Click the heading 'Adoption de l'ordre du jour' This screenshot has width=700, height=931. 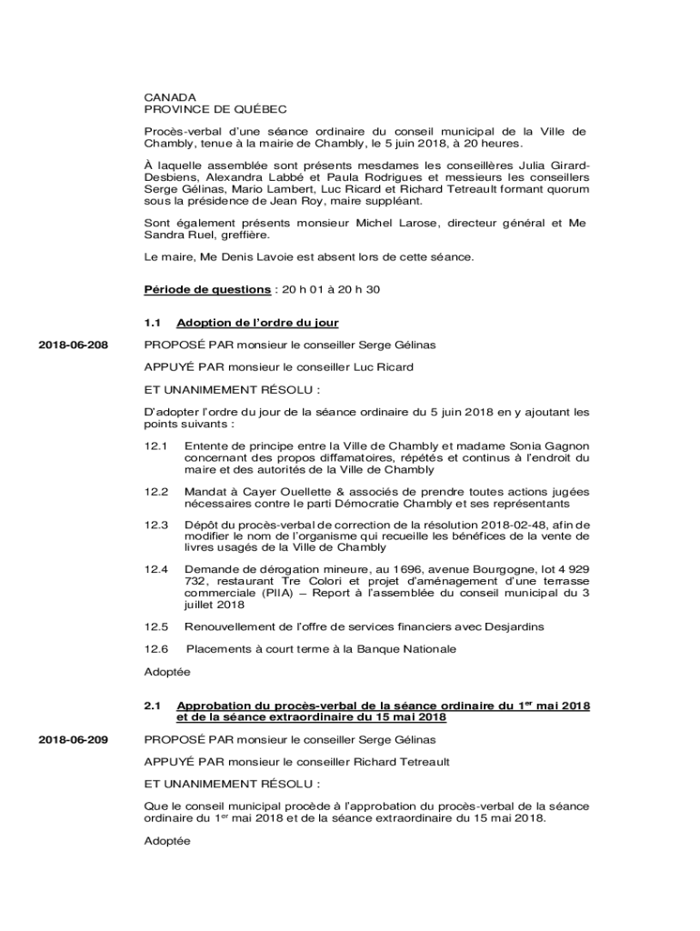pyautogui.click(x=258, y=323)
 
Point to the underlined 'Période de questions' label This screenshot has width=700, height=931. pyautogui.click(x=207, y=289)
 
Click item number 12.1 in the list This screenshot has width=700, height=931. pyautogui.click(x=156, y=446)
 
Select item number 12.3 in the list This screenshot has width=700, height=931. pyautogui.click(x=156, y=525)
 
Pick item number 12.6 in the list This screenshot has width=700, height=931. pyautogui.click(x=156, y=649)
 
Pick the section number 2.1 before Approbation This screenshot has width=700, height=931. pyautogui.click(x=152, y=706)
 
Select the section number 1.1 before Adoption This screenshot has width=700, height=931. pyautogui.click(x=152, y=323)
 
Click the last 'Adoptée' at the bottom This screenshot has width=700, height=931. pyautogui.click(x=167, y=841)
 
